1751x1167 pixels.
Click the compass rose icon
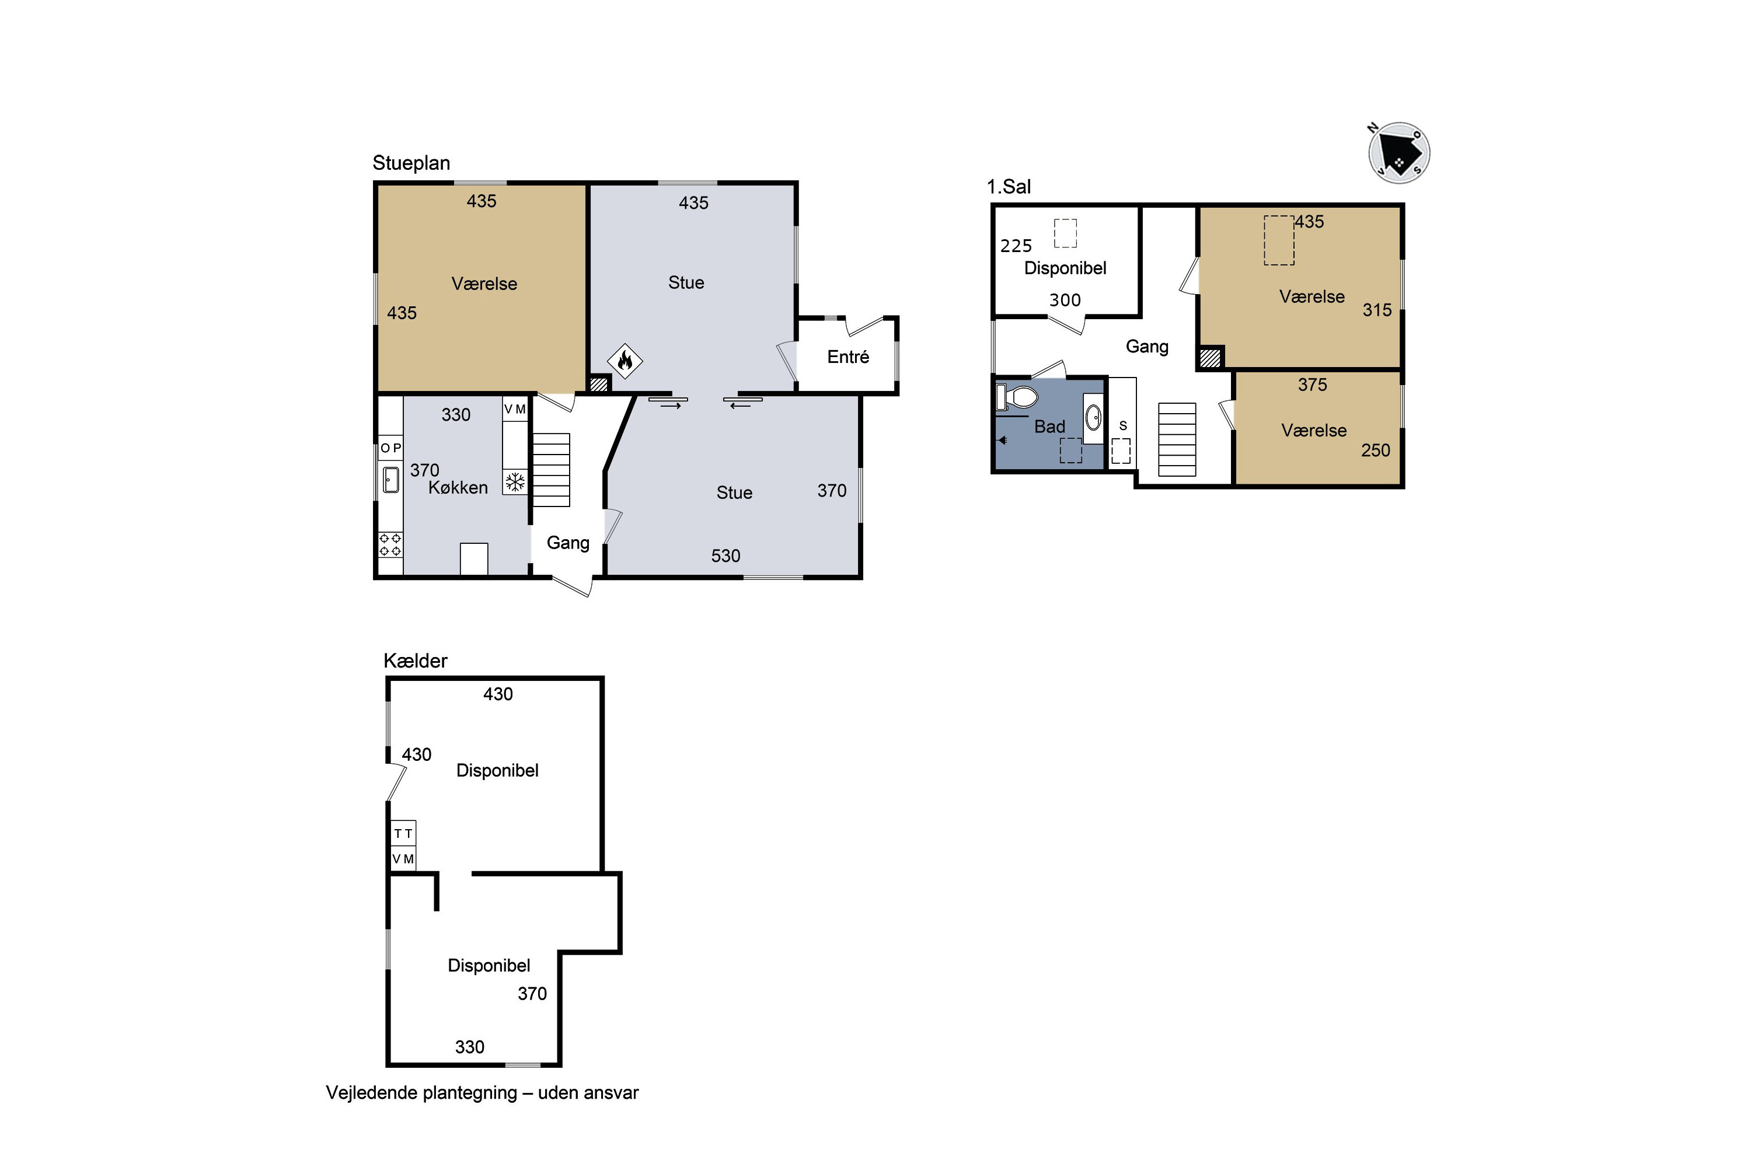(x=1399, y=152)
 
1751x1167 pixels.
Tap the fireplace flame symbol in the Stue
(x=625, y=362)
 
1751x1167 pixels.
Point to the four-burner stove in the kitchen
(x=390, y=544)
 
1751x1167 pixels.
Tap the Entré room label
(x=848, y=357)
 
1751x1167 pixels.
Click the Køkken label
(x=458, y=487)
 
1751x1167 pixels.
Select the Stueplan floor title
(x=411, y=163)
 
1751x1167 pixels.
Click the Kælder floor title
(x=416, y=661)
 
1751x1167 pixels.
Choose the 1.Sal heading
(x=1009, y=187)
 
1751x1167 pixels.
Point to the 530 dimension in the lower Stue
(x=726, y=556)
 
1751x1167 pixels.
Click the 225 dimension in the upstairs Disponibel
(x=1016, y=246)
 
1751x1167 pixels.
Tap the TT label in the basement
(x=403, y=834)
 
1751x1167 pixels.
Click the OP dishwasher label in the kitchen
(x=391, y=448)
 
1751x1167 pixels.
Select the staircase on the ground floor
(x=551, y=470)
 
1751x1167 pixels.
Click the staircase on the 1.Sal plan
(x=1177, y=440)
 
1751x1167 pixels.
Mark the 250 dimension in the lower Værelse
(x=1376, y=450)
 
